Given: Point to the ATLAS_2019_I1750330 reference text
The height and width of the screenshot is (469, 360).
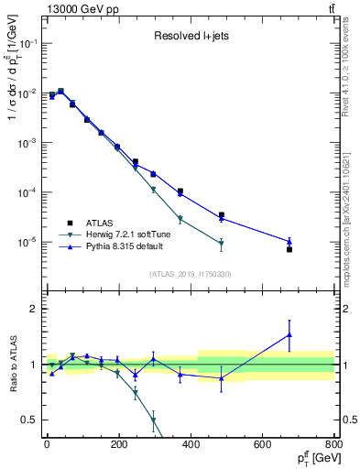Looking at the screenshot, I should [190, 274].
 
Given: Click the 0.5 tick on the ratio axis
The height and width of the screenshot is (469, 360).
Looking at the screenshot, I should [32, 420].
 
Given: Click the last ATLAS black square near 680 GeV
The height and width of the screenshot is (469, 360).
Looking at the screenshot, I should [289, 249].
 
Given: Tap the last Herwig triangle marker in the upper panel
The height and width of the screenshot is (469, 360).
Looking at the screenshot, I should [221, 244].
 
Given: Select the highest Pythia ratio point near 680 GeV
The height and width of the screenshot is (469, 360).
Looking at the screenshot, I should [289, 335].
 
